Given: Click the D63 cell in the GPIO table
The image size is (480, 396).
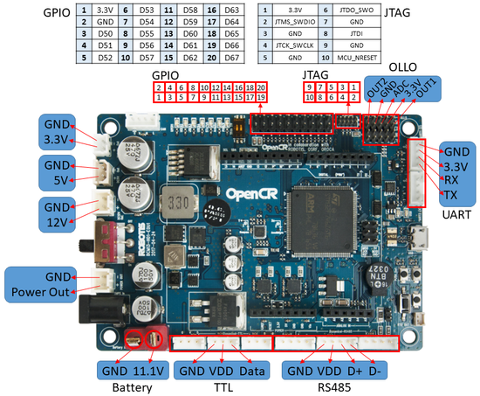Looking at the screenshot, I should pos(231,10).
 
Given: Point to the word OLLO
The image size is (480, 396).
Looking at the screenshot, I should pos(402,67).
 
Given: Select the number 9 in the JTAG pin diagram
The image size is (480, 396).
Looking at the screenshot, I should pos(309,88).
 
